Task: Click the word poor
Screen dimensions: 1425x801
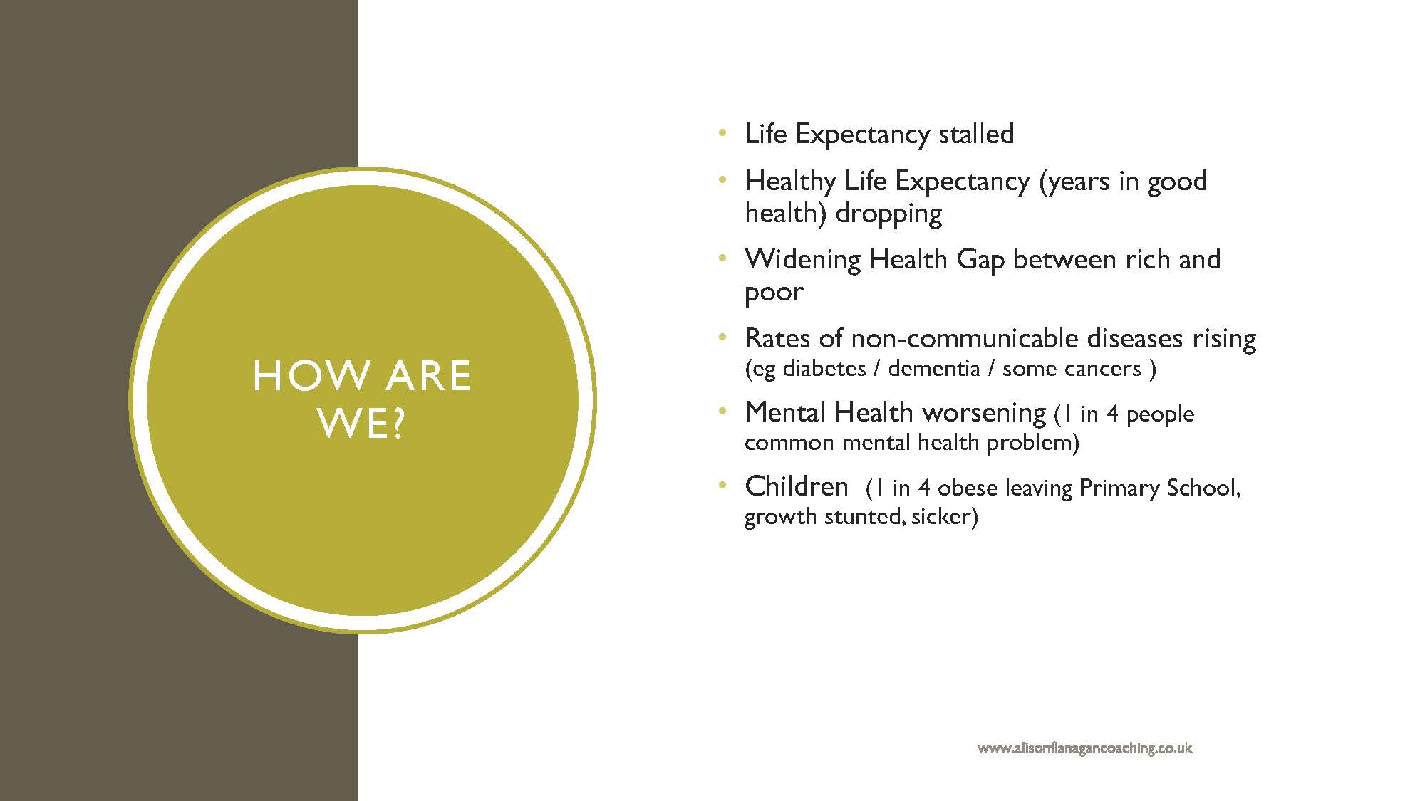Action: [774, 293]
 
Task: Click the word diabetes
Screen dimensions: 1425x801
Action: [824, 369]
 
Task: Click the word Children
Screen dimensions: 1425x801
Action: [797, 486]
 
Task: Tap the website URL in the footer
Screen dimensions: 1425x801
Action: [1084, 748]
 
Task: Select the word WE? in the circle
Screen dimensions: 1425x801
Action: [361, 424]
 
